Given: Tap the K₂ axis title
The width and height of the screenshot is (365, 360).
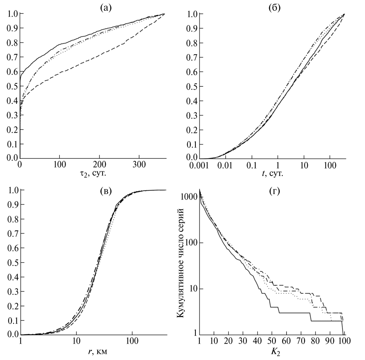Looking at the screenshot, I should pos(272,351).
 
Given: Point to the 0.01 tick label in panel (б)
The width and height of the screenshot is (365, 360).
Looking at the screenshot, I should pos(226,166).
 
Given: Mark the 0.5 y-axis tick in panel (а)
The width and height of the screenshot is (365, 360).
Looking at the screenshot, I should pos(12,86).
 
